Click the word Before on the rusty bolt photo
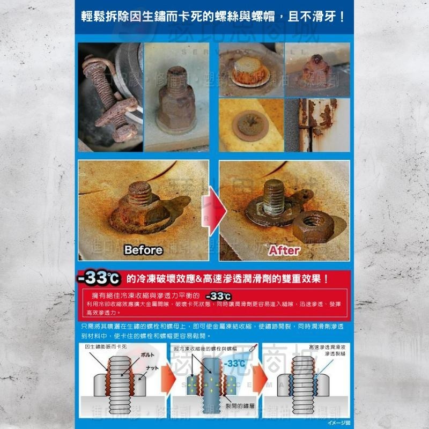click(x=143, y=249)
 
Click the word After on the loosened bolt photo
click(x=284, y=249)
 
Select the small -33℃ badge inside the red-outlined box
click(x=218, y=296)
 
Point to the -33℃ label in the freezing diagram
click(x=234, y=364)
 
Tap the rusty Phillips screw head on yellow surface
click(x=249, y=123)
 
